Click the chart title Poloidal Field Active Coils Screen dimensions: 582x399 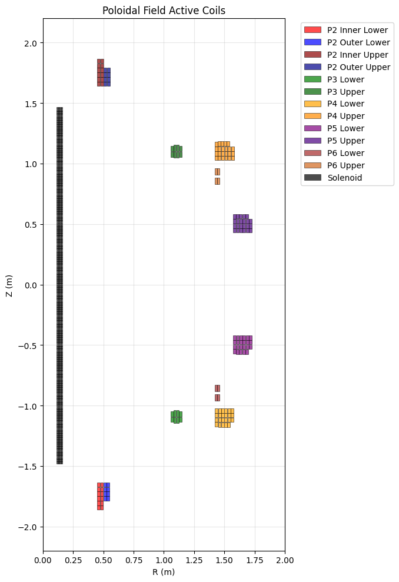[164, 11]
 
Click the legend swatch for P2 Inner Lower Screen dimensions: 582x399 [312, 30]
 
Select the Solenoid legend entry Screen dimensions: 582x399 [345, 178]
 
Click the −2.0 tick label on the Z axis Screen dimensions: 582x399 [29, 527]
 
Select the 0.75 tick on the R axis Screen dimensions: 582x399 [134, 551]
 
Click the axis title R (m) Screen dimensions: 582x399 [164, 572]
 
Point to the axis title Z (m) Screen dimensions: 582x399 [10, 285]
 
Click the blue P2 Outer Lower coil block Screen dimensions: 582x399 [107, 491]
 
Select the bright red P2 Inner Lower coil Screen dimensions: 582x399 [100, 495]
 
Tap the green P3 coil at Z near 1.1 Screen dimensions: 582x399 [177, 151]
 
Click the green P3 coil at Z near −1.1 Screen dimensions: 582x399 [177, 417]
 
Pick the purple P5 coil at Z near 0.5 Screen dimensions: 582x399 [242, 224]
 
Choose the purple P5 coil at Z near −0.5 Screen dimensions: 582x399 [242, 345]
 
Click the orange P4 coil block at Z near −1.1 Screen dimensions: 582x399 [224, 417]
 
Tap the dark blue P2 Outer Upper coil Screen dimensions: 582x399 [107, 77]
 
